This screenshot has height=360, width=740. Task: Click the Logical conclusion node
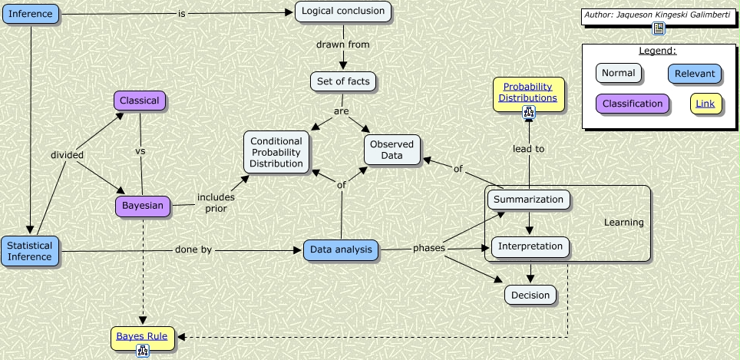[x=343, y=12]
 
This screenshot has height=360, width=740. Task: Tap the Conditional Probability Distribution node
[x=276, y=152]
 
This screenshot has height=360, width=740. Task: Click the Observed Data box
[x=391, y=150]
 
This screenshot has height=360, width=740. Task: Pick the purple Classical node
[x=139, y=101]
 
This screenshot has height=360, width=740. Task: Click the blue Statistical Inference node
[x=30, y=252]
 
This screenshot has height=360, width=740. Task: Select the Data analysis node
[x=341, y=249]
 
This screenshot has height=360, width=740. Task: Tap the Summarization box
[x=529, y=200]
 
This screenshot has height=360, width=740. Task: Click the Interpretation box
[x=530, y=247]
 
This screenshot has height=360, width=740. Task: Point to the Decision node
[x=530, y=294]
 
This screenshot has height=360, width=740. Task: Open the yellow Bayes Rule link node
[x=142, y=335]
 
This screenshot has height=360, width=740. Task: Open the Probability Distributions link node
[x=529, y=92]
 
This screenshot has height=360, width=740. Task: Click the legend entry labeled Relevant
[x=694, y=74]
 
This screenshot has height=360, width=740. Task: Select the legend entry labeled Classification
[x=632, y=104]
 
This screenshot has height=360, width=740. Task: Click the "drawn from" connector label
[x=342, y=45]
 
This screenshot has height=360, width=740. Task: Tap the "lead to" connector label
[x=528, y=149]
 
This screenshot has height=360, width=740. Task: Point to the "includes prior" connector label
[x=216, y=203]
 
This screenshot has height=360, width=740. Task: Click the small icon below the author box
[x=658, y=29]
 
